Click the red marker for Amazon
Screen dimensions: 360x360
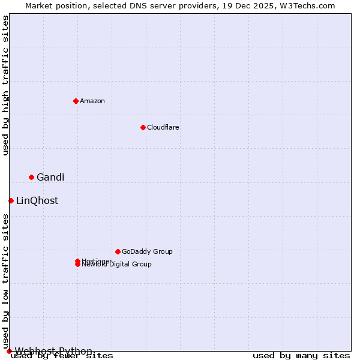click(76, 101)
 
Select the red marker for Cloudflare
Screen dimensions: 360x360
click(143, 127)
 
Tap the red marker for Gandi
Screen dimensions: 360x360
click(31, 177)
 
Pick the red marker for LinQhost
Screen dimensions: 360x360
click(11, 200)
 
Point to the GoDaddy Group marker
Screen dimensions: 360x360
click(118, 251)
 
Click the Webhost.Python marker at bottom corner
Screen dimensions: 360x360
click(9, 351)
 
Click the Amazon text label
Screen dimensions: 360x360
click(92, 101)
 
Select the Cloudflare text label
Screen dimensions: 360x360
click(163, 127)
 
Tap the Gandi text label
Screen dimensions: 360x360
click(50, 177)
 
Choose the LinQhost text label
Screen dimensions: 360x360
click(37, 200)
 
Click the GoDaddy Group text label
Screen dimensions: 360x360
click(147, 251)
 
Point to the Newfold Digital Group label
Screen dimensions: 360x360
click(116, 265)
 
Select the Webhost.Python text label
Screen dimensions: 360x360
click(53, 351)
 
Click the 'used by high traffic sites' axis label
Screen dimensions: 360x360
click(5, 85)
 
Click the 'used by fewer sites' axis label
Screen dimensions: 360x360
click(62, 356)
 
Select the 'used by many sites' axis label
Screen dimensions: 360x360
click(301, 356)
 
